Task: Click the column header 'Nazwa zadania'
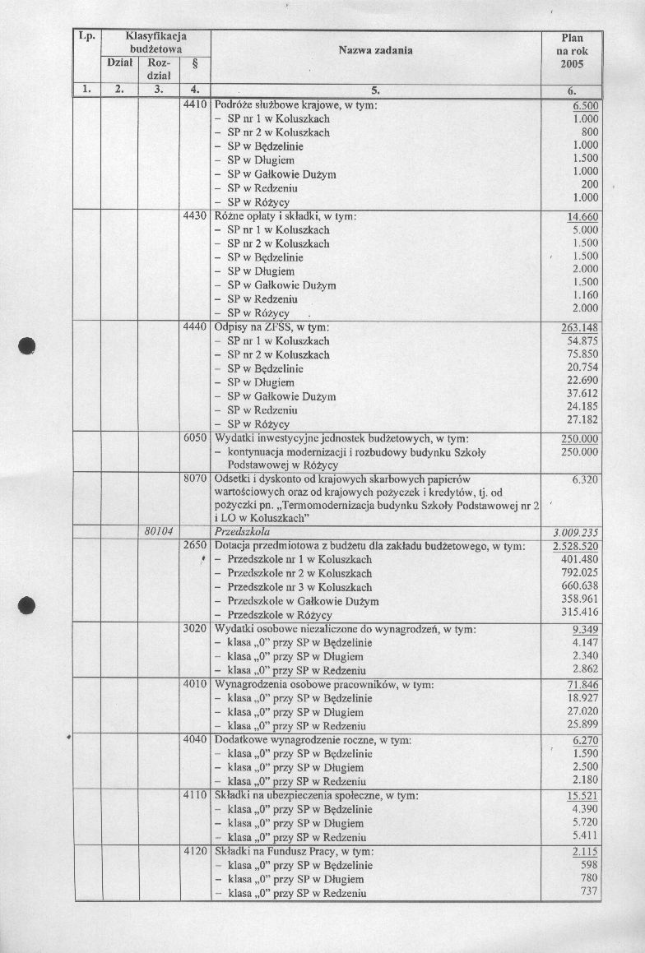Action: [375, 51]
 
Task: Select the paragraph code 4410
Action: [194, 105]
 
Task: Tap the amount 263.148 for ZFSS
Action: [579, 327]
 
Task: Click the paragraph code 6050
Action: [194, 438]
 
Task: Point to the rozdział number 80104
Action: [157, 532]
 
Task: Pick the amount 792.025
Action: [581, 573]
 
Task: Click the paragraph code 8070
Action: [194, 477]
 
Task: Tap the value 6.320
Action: [583, 478]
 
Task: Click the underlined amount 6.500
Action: [584, 106]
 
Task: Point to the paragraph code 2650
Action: [194, 546]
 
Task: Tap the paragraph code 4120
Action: [194, 852]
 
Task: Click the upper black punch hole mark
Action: [28, 345]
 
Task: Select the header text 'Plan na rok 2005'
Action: [572, 51]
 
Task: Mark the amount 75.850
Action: [582, 354]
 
